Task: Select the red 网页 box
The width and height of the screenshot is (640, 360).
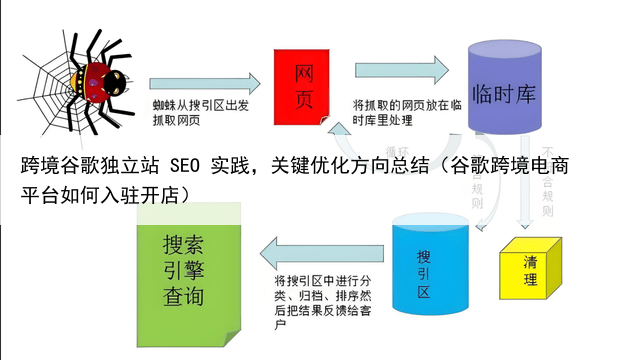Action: (x=305, y=84)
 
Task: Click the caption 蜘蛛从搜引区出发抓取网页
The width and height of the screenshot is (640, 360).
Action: (x=195, y=111)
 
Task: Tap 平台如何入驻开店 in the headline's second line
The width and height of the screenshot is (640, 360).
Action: (x=105, y=193)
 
